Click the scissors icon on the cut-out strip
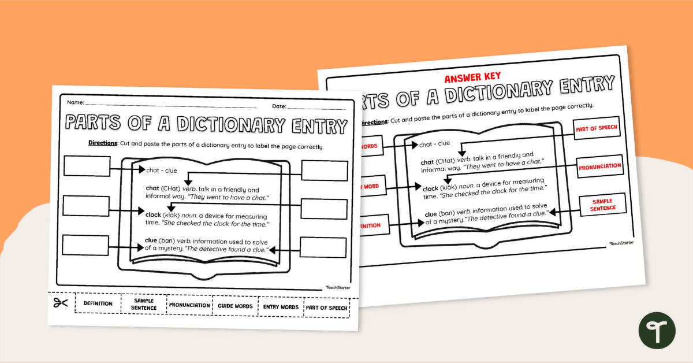point(61,303)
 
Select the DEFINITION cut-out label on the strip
point(98,303)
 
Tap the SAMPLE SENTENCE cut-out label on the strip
point(144,305)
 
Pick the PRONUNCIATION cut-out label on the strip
point(189,305)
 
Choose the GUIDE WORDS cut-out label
point(235,306)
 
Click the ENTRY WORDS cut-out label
point(281,307)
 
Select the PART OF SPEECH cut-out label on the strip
point(327,308)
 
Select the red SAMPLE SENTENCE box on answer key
point(603,204)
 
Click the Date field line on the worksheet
point(316,108)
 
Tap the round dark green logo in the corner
point(657,331)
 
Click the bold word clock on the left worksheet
point(152,214)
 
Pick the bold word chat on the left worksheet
point(152,188)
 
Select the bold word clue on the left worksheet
point(151,240)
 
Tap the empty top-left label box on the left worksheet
point(87,166)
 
